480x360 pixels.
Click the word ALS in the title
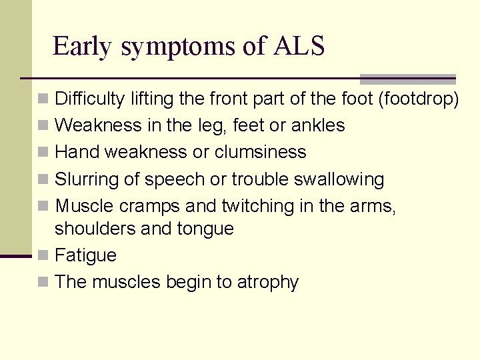click(299, 46)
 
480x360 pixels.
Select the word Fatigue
click(85, 255)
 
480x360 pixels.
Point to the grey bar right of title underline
click(407, 79)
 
